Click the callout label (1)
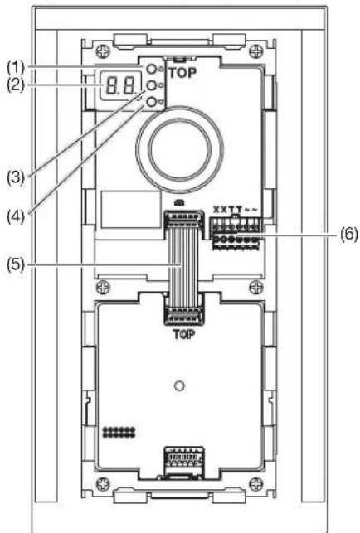tap(16, 68)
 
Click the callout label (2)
tap(16, 85)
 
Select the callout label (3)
tap(16, 177)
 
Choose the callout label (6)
tap(349, 235)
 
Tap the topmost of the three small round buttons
tap(151, 70)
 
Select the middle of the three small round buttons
tap(151, 85)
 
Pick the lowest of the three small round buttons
tap(151, 102)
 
